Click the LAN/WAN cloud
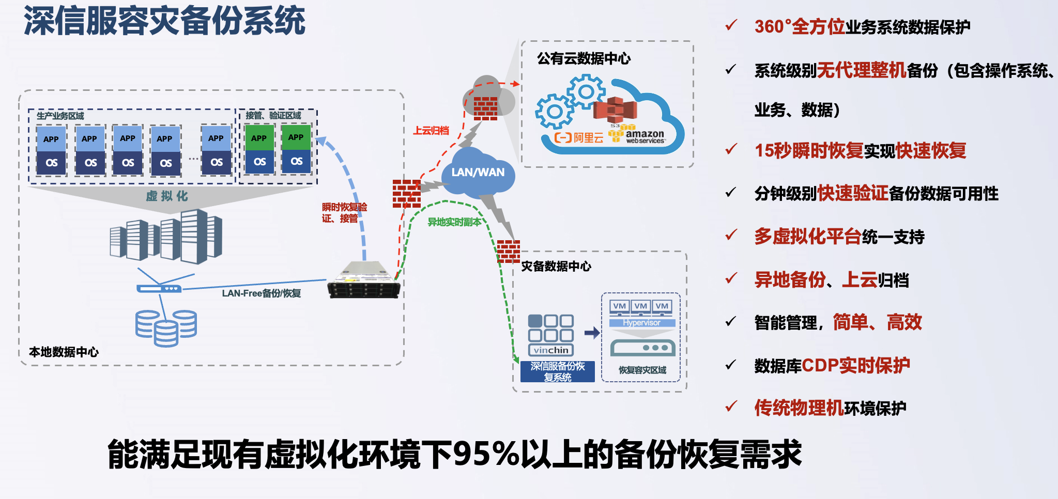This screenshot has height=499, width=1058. tap(478, 173)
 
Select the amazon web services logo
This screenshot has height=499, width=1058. tap(641, 136)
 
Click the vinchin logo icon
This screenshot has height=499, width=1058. tap(551, 335)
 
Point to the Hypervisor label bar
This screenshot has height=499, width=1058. tap(642, 323)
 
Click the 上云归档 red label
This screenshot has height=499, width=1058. tap(431, 131)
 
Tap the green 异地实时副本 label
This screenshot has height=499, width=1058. tap(454, 222)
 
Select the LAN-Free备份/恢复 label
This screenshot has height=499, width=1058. tap(261, 293)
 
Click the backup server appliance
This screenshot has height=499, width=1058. tap(364, 282)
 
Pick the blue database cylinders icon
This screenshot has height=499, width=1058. tap(166, 328)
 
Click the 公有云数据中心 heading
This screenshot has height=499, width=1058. tap(584, 59)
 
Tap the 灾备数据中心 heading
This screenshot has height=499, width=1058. tap(556, 267)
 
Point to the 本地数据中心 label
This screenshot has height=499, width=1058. tap(64, 352)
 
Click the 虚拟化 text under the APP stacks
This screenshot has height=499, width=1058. tap(166, 196)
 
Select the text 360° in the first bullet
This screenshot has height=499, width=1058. tap(773, 27)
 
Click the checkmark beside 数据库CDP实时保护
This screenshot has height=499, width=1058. tap(731, 365)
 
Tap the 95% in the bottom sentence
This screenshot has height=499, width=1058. tap(485, 454)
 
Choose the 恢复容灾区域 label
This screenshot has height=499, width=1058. tap(642, 370)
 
